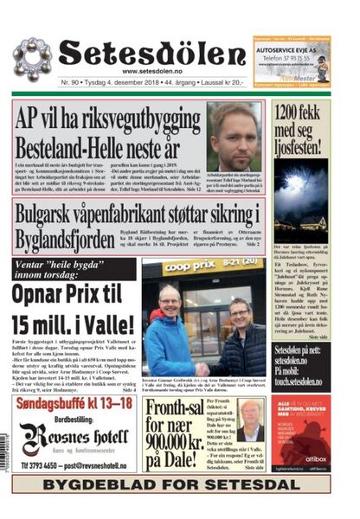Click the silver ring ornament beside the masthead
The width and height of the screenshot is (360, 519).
32,59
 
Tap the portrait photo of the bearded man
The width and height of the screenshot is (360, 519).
234,136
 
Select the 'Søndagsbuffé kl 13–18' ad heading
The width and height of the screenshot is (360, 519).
74,406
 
